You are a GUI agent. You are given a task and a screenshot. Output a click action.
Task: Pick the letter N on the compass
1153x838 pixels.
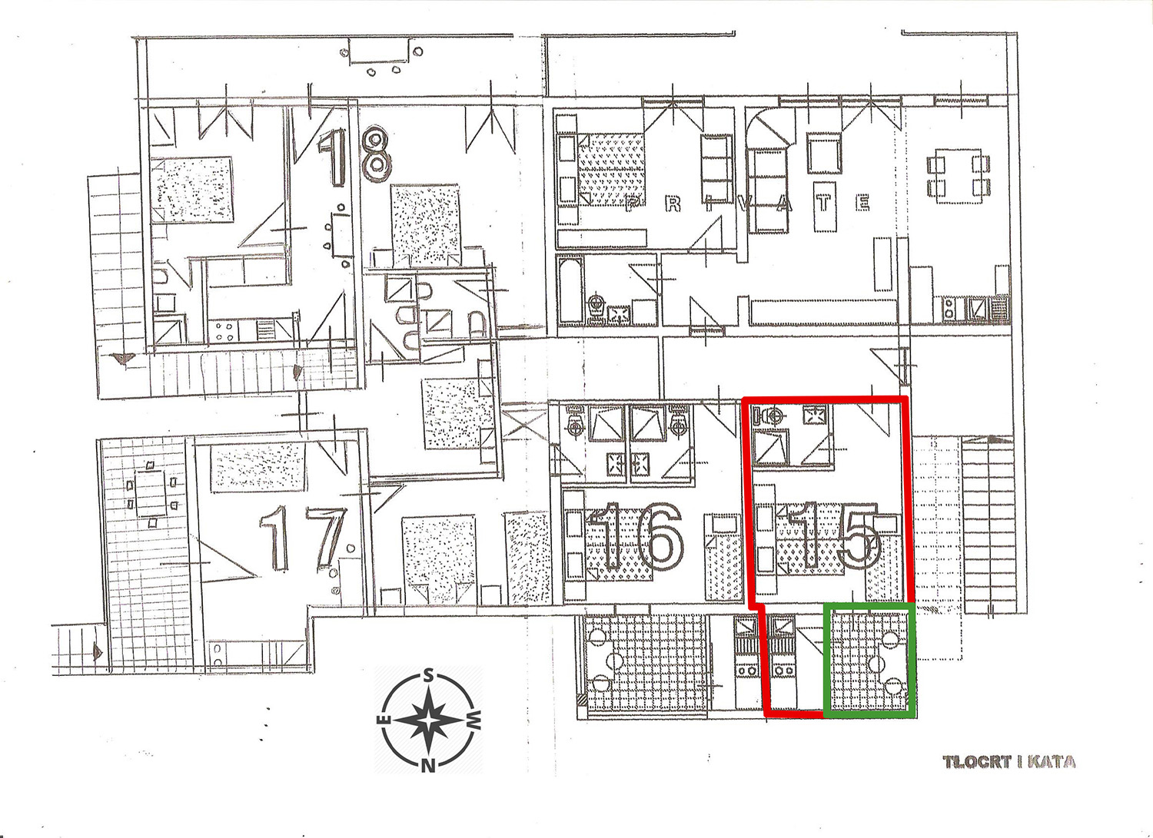point(427,766)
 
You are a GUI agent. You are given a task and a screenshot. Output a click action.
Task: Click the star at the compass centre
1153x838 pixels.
point(427,720)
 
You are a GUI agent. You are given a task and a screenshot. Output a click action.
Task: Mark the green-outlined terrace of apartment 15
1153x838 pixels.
point(869,661)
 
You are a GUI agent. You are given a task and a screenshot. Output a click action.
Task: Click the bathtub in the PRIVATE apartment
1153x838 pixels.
point(570,290)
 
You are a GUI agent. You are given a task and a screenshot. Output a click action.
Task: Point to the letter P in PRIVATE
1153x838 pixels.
point(634,204)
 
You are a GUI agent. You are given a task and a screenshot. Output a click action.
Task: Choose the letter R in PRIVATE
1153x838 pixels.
point(673,204)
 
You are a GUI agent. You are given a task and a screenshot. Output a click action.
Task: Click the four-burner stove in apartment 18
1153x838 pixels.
point(224,331)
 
